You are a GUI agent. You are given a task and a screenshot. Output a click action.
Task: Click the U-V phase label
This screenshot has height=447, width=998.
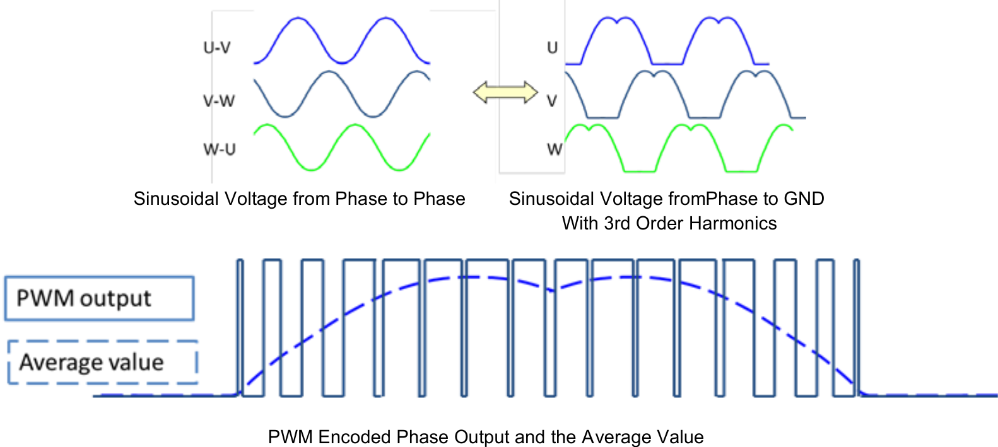coord(216,48)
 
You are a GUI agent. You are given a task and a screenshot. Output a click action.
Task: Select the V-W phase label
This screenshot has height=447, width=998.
coord(218,100)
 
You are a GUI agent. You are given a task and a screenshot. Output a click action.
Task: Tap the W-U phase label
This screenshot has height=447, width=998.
coord(219,149)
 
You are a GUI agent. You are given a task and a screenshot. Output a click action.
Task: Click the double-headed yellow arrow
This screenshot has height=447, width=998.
coord(505,93)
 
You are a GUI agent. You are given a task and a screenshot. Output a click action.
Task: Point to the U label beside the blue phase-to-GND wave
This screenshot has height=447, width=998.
coord(552,48)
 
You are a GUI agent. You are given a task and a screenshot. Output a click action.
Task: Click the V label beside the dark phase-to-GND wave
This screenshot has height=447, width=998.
coord(552,101)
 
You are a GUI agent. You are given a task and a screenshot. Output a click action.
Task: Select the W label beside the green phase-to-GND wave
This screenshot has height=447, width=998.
coord(555,149)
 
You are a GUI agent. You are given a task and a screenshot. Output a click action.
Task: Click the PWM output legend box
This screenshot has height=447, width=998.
coord(100,298)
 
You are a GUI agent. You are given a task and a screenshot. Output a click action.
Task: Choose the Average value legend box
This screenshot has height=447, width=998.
coord(103,362)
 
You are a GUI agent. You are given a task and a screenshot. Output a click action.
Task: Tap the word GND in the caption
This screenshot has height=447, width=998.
coord(803,199)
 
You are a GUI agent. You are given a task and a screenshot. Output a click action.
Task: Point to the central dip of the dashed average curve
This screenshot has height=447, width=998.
coord(551,290)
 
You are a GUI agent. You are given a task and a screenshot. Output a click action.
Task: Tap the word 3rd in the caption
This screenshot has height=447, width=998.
coord(618,223)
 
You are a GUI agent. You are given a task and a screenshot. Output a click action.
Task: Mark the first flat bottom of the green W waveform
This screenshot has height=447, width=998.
coord(638,171)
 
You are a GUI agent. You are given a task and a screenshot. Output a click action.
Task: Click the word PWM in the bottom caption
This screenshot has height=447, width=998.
coord(290,437)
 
